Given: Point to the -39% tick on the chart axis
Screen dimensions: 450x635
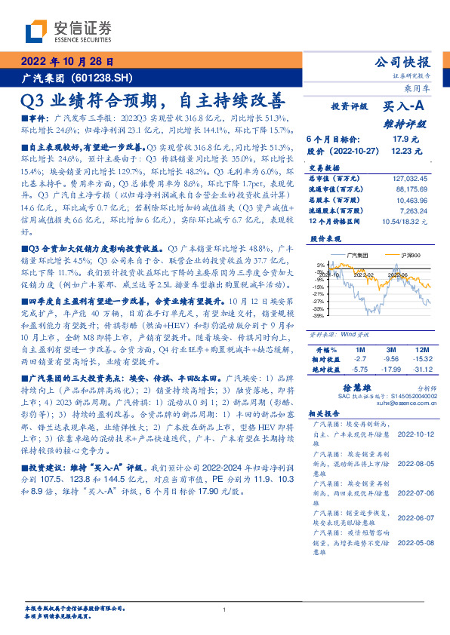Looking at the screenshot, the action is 319,316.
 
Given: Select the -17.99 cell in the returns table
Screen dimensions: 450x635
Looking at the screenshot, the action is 390,369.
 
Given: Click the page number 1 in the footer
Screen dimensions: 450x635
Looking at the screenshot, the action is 225,610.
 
